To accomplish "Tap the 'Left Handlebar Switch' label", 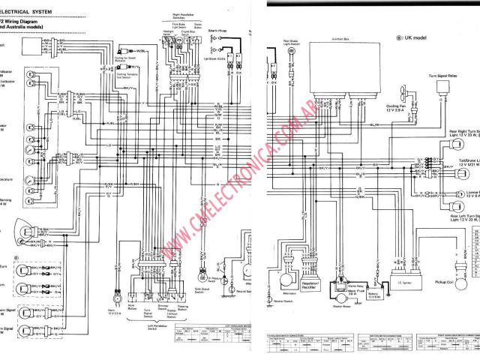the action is pyautogui.click(x=153, y=344).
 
